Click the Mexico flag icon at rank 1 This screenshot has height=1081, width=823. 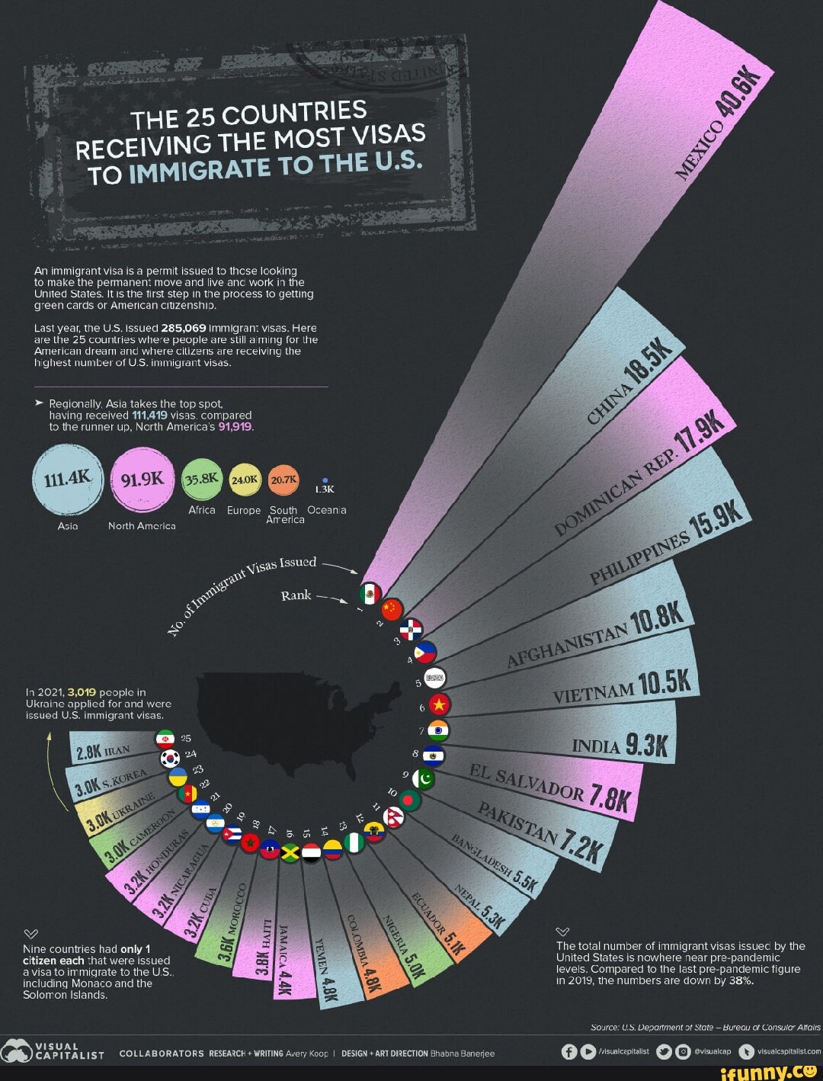370,594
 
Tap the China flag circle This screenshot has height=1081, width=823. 391,609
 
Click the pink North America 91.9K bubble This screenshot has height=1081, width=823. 142,479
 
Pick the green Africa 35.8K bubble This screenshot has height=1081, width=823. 202,480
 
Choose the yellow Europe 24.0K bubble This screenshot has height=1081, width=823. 245,480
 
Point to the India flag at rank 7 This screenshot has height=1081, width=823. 439,730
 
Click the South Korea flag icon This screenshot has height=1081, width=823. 169,759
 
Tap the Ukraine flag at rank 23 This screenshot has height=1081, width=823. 178,777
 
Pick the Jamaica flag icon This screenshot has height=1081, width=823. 290,852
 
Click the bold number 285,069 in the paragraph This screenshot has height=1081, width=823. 183,328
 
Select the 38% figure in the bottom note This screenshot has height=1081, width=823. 741,980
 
